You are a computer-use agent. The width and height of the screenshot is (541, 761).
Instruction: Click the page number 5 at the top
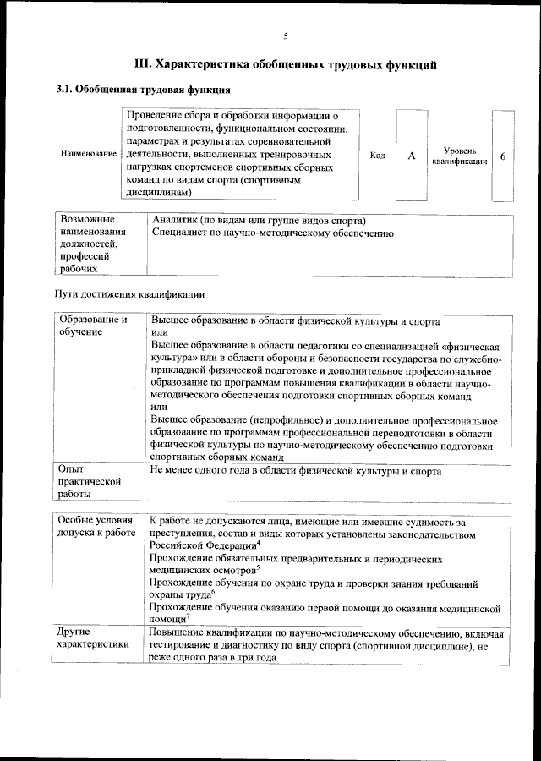click(x=286, y=36)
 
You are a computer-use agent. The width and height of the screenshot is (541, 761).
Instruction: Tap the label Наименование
click(x=89, y=154)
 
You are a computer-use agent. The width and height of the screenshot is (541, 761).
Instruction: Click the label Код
click(x=378, y=156)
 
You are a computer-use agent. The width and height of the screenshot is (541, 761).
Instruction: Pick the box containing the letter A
click(x=411, y=156)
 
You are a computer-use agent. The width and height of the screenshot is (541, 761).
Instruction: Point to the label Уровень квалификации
click(x=459, y=156)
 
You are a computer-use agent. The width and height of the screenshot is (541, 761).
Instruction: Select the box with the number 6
click(x=503, y=156)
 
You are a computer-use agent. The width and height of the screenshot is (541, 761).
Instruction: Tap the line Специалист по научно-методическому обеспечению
click(x=273, y=233)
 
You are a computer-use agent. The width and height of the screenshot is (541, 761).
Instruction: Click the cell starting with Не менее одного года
click(x=295, y=469)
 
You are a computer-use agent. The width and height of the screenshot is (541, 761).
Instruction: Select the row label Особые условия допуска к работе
click(x=96, y=528)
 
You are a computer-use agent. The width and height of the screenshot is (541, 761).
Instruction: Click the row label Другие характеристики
click(x=93, y=638)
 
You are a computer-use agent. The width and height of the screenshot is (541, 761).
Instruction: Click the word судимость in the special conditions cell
click(x=430, y=522)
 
